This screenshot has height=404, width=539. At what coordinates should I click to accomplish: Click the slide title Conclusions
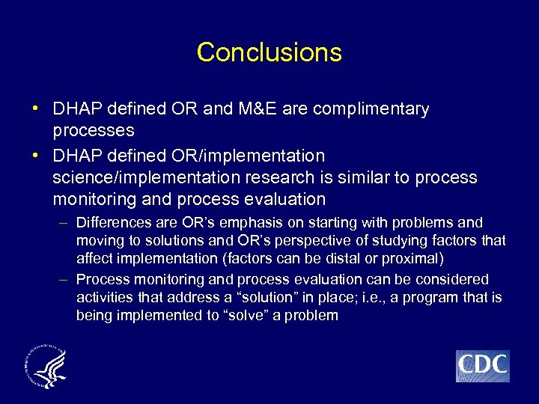click(269, 52)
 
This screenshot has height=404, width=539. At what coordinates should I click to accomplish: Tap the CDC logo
click(482, 366)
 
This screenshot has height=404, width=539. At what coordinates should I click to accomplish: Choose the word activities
click(103, 298)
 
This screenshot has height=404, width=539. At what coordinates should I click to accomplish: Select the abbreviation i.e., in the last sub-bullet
click(368, 298)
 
